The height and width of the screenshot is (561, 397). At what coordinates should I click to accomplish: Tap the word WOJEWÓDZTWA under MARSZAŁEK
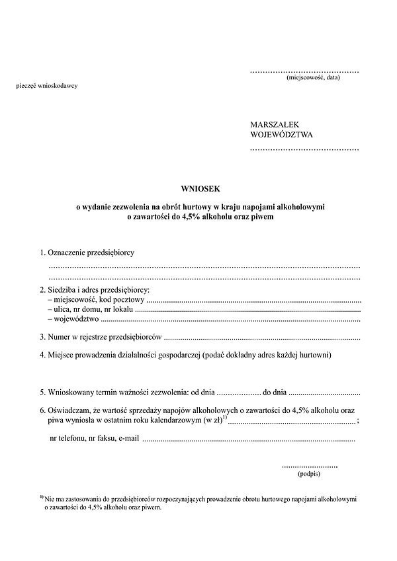[282, 135]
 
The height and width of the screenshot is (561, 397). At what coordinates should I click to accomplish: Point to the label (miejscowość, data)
[313, 78]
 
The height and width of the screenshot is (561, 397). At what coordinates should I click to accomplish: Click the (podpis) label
[309, 474]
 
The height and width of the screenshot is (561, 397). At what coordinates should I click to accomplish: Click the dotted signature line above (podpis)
[309, 466]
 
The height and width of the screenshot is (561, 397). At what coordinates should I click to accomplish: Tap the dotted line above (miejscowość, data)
[304, 71]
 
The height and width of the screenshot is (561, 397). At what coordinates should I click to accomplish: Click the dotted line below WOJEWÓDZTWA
[304, 150]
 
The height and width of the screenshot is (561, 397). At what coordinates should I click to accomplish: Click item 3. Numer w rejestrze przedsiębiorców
[100, 337]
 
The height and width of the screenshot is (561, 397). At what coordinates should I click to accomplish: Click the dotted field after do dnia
[324, 392]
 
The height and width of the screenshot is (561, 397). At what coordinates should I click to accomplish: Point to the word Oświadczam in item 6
[69, 410]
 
